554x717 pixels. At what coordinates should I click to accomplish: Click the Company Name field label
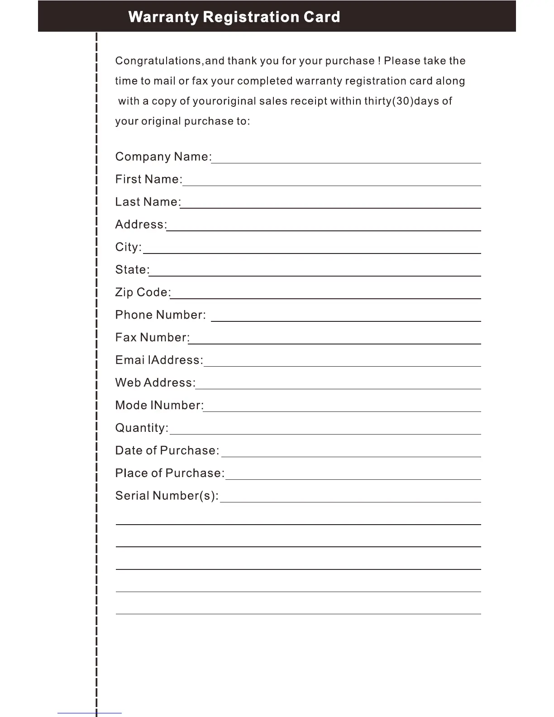(163, 157)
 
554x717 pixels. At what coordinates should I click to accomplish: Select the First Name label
(148, 179)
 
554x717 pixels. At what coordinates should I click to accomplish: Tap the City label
(129, 247)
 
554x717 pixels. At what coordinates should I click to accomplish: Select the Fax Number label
(153, 338)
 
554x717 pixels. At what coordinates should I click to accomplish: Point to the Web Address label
(155, 383)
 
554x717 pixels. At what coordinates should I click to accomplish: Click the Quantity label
(142, 428)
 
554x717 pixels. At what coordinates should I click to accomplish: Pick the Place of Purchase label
(170, 473)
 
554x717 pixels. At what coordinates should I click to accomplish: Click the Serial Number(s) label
(167, 496)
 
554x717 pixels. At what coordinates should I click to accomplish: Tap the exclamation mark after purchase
(379, 61)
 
